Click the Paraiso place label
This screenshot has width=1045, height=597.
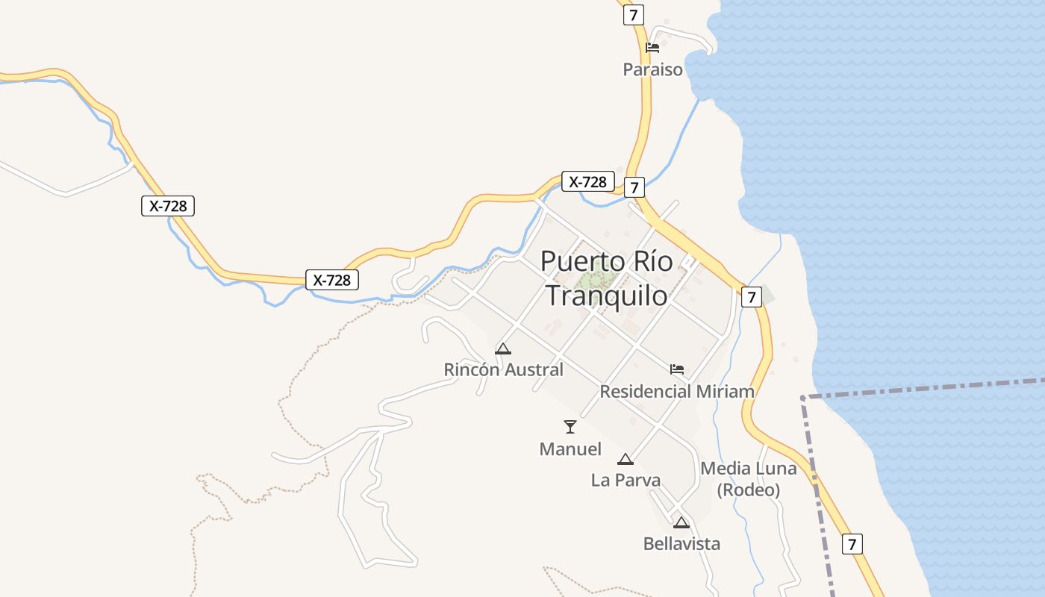pos(653,69)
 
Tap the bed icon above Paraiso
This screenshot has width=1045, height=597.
pos(652,48)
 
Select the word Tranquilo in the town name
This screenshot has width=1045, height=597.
pos(606,296)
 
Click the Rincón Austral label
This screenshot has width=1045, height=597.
pos(503,369)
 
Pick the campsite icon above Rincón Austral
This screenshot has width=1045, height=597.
pos(503,348)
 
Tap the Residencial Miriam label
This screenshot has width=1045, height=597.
pos(677,391)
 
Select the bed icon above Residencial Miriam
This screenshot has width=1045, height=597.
pos(677,369)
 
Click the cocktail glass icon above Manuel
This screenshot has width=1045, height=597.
pos(570,427)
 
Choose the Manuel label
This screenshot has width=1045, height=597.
pos(570,449)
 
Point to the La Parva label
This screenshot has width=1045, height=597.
pos(626,480)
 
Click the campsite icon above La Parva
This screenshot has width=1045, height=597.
pos(626,459)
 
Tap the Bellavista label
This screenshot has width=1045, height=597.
pos(681,544)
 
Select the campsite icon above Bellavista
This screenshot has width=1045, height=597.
pos(681,522)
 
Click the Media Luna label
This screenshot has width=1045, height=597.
pos(748,469)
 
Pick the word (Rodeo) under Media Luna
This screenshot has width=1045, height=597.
pos(748,490)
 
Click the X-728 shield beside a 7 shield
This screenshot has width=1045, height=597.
pos(588,181)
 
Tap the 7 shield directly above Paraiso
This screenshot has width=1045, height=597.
pos(634,15)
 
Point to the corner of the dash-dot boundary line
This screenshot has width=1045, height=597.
pos(803,398)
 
